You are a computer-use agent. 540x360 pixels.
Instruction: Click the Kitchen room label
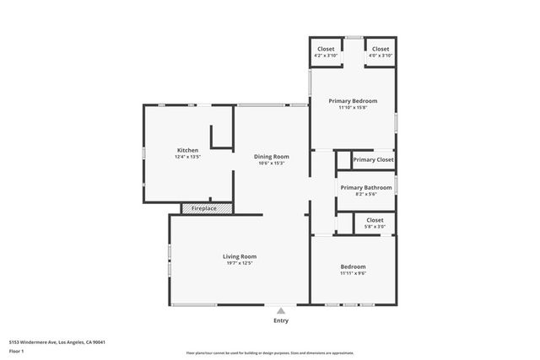(187, 150)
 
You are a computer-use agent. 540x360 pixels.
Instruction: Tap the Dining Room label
(272, 156)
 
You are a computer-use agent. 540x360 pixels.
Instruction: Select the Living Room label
(240, 256)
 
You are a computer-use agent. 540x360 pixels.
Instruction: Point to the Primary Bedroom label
(353, 100)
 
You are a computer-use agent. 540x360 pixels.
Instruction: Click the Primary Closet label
(373, 159)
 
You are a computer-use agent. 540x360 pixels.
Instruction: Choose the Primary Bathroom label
(365, 187)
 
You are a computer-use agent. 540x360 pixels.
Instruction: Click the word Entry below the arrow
(281, 320)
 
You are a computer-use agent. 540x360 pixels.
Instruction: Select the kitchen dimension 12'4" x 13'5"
(187, 157)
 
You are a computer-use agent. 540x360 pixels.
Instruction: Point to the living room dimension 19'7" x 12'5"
(240, 263)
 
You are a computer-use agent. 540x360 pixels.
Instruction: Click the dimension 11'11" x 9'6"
(353, 273)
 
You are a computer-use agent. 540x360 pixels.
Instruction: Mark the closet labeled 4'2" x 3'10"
(326, 56)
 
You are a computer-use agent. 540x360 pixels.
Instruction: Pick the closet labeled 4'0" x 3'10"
(381, 56)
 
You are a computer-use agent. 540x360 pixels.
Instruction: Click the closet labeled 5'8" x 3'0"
(375, 226)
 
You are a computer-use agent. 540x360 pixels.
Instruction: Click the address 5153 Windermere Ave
(56, 341)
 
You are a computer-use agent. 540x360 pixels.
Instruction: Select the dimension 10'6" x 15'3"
(272, 163)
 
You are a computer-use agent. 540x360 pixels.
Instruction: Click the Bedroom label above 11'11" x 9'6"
(353, 266)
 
